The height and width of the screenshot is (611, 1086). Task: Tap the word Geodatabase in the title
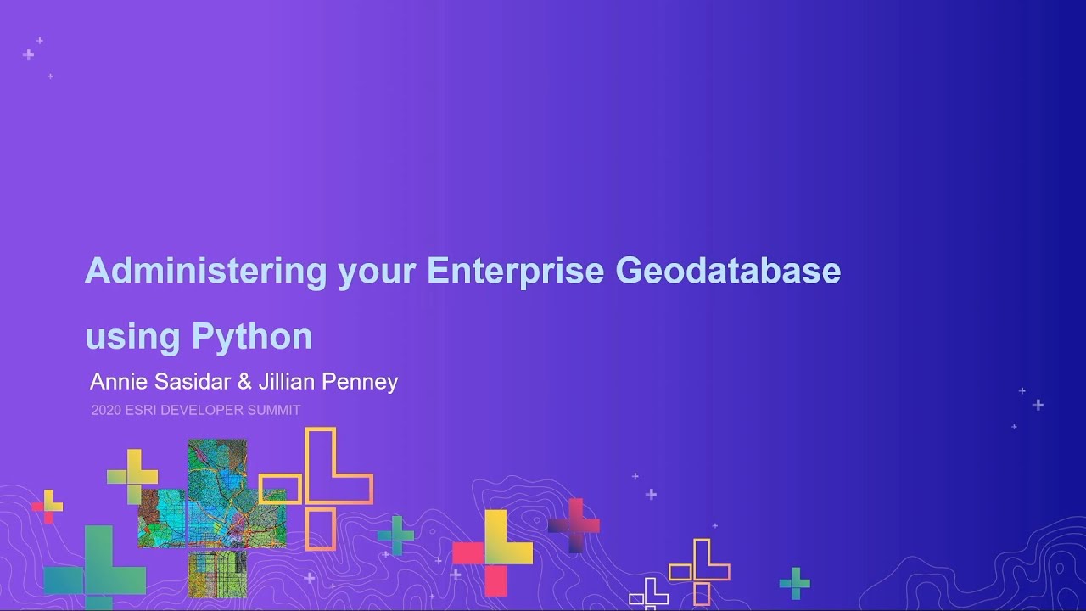tap(728, 272)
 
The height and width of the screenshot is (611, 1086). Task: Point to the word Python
tap(252, 337)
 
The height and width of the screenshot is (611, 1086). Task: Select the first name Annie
tap(118, 382)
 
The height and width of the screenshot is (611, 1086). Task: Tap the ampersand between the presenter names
tap(244, 382)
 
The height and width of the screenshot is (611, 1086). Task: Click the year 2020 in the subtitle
tap(105, 410)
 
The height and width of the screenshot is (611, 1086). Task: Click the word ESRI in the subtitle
tap(140, 410)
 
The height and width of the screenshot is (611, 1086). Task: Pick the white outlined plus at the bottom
tap(649, 594)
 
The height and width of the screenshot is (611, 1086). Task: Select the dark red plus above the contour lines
tap(574, 525)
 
